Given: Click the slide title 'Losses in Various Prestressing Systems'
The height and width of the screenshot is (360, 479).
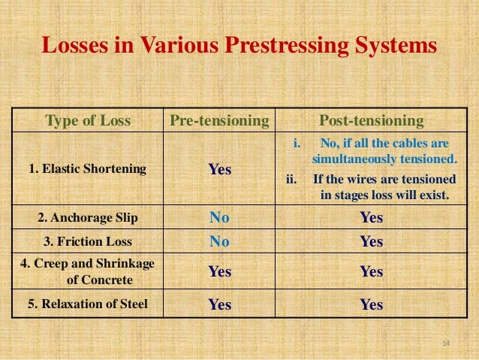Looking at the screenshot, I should click(x=239, y=46).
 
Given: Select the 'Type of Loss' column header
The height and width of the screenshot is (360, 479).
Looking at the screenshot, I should click(x=89, y=121).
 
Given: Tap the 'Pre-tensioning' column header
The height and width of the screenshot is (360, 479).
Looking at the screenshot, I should click(x=219, y=121).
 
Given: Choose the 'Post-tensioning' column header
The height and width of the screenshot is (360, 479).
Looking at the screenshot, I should click(x=372, y=121).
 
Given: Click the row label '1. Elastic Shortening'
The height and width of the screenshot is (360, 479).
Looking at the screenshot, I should click(x=87, y=170).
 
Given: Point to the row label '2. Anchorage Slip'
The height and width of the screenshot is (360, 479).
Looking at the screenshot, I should click(x=88, y=219).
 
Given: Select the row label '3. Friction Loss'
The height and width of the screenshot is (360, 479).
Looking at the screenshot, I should click(x=89, y=242).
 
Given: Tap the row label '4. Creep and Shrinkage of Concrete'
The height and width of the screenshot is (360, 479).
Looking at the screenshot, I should click(x=88, y=273).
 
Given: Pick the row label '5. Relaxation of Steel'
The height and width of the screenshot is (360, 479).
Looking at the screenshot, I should click(x=89, y=304).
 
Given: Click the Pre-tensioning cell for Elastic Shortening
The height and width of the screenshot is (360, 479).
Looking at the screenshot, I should click(x=219, y=171).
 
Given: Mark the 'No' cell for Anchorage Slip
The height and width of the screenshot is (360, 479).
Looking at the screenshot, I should click(x=219, y=219).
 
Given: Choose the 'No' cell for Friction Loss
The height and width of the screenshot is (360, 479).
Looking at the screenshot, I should click(x=219, y=242).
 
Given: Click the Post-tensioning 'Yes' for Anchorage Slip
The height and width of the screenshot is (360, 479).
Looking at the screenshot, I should click(x=372, y=219).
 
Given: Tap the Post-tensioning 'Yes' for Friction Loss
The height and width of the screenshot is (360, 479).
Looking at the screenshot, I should click(x=372, y=242).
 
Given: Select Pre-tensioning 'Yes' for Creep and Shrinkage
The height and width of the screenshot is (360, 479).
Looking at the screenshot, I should click(x=219, y=273).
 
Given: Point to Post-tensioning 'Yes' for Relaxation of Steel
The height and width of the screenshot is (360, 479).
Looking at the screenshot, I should click(x=372, y=305).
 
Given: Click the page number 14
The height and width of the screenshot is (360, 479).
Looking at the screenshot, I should click(x=445, y=343).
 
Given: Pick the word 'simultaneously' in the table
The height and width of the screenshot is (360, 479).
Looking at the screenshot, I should click(x=350, y=160).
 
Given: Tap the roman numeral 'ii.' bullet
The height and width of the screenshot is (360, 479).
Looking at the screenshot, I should click(x=292, y=180).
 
